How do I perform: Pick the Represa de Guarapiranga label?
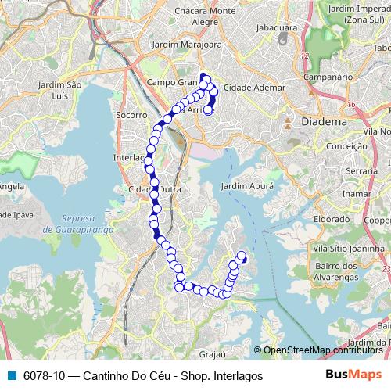79,224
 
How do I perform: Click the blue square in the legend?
10,375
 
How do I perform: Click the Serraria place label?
361,170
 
